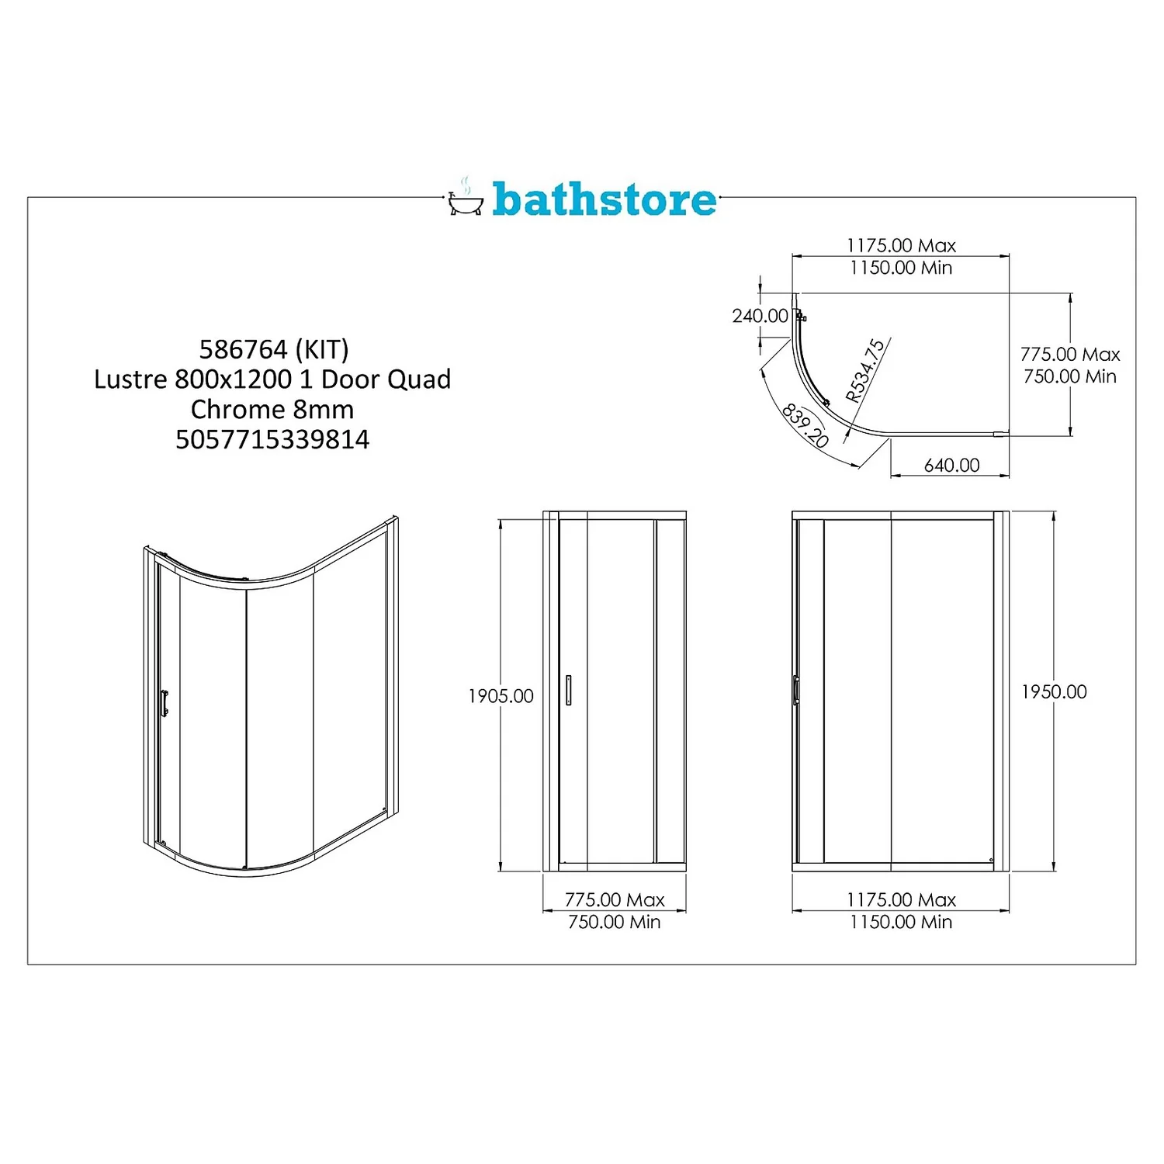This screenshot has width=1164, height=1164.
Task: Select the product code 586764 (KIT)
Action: tap(274, 350)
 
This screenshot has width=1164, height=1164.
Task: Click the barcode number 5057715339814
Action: tap(272, 440)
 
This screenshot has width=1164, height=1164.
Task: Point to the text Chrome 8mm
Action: tap(272, 410)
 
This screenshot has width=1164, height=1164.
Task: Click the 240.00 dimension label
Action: tap(760, 316)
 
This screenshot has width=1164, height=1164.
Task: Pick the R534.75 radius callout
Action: tap(864, 371)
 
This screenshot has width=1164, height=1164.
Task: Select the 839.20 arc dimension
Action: tap(805, 424)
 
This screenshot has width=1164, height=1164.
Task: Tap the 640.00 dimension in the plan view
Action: tap(951, 465)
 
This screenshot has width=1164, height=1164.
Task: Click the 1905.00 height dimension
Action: tap(501, 696)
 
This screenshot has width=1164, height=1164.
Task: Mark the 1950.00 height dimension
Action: tap(1054, 691)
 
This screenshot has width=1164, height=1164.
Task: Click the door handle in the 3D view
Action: tap(164, 702)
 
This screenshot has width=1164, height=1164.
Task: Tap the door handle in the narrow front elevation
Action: tap(568, 690)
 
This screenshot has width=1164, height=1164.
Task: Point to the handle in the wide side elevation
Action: tap(796, 690)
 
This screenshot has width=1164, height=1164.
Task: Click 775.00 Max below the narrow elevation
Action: tap(615, 899)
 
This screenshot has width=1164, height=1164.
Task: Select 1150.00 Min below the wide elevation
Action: tap(901, 922)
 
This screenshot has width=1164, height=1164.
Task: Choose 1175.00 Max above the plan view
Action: tap(901, 245)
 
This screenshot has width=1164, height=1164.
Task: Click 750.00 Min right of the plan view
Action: tap(1070, 376)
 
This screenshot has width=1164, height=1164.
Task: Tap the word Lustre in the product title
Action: tap(130, 379)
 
